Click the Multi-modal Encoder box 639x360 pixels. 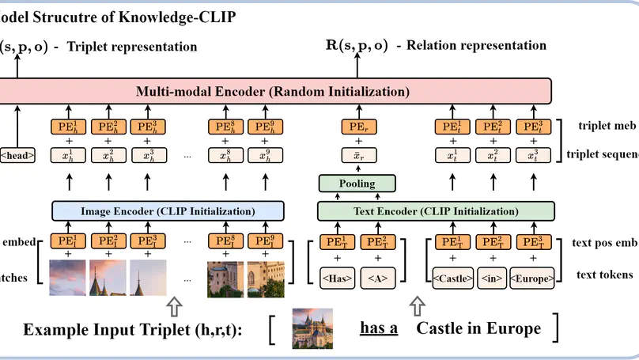[273, 91]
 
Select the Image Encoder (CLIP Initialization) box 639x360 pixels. [168, 211]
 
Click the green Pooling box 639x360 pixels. [356, 184]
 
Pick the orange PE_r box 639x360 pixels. [356, 126]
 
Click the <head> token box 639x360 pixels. [17, 155]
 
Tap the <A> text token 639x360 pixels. [377, 278]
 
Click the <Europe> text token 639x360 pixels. [531, 278]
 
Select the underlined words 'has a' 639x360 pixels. [379, 328]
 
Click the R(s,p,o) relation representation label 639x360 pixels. [357, 45]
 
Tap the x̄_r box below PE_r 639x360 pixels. [356, 155]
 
